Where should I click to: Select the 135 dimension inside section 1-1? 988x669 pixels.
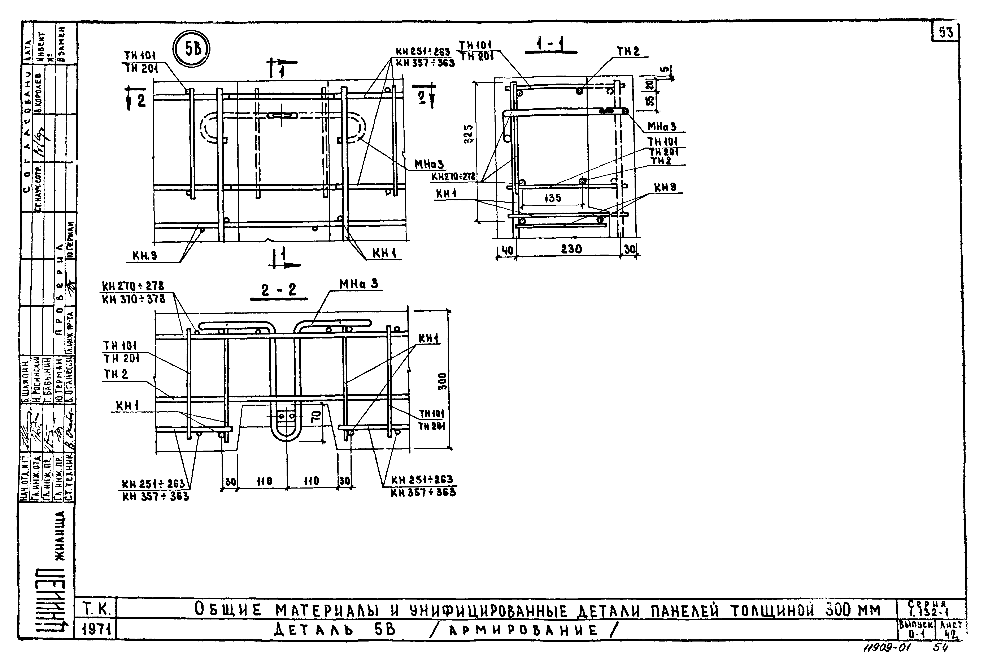[552, 198]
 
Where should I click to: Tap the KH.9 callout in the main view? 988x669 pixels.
[145, 255]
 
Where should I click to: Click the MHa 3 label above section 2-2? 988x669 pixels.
[358, 284]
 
